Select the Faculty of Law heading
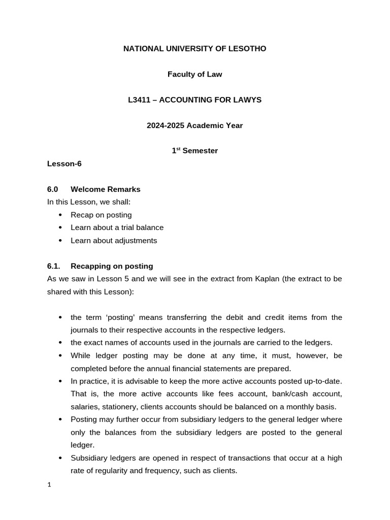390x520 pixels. click(195, 74)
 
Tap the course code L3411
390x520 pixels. click(141, 100)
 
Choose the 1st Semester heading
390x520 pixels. click(195, 151)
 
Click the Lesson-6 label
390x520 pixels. click(64, 164)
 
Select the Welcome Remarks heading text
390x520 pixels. click(105, 189)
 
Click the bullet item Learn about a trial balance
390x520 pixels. click(117, 227)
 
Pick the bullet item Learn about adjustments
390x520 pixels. click(114, 241)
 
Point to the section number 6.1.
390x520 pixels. click(53, 266)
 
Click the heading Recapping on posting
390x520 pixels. click(112, 266)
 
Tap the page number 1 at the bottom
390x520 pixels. click(49, 485)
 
